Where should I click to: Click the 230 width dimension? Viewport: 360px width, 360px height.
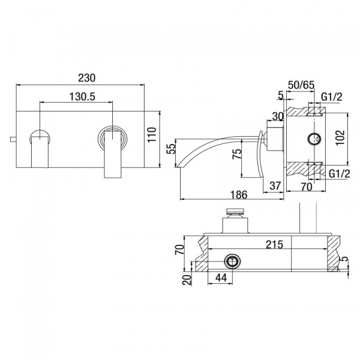[86, 78]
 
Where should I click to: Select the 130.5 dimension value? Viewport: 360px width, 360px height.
[82, 97]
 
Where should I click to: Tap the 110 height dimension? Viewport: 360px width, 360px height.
[152, 135]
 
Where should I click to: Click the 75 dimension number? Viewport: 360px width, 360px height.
[237, 154]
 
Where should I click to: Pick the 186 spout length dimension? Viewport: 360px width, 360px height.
[239, 195]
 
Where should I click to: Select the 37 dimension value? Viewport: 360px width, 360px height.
[275, 185]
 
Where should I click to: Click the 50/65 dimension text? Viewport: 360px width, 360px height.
[301, 85]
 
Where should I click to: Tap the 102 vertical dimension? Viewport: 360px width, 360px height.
[340, 137]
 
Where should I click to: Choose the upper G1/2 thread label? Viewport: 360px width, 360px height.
[332, 97]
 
